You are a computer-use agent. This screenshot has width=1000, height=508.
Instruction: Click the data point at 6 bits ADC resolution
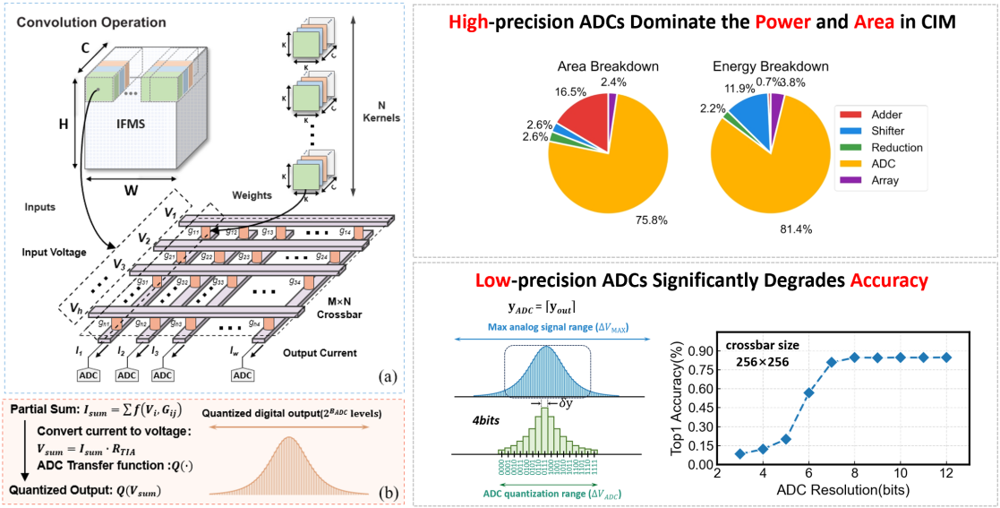click(808, 392)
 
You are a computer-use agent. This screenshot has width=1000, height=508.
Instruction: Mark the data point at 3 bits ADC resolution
click(738, 453)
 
